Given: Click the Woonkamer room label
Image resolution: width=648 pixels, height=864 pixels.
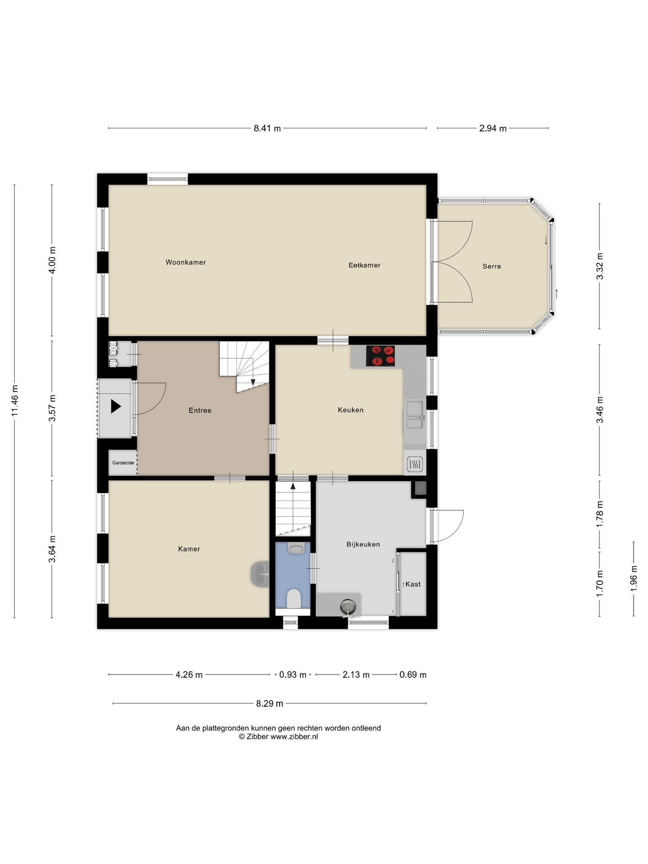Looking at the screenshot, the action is click(185, 262).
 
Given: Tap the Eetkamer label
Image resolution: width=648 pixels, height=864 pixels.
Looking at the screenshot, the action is click(364, 265).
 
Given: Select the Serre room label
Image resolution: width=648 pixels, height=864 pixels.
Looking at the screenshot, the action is click(492, 266).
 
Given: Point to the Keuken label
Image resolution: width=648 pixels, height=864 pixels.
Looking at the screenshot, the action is click(351, 410).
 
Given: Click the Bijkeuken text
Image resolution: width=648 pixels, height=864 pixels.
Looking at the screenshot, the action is click(363, 544).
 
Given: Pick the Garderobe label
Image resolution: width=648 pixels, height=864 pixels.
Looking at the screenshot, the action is click(123, 463).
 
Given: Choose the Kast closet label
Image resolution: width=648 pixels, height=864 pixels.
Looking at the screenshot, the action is click(413, 584).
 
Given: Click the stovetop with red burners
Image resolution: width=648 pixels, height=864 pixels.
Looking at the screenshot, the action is click(380, 355).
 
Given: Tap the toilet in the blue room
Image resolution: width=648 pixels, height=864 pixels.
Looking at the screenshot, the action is click(293, 599).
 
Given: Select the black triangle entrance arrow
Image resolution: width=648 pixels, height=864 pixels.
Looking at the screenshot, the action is click(116, 406).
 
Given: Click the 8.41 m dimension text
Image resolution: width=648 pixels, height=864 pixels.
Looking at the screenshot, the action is click(267, 128).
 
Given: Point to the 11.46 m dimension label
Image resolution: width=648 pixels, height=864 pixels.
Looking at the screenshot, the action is click(15, 400).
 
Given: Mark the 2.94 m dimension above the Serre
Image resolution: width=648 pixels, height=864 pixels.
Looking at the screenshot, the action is click(493, 128).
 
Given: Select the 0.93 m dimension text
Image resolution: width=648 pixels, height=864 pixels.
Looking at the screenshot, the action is click(293, 675).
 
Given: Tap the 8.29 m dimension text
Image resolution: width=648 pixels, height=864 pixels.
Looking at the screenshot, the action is click(270, 703).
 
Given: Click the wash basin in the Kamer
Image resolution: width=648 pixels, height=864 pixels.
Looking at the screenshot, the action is click(260, 574).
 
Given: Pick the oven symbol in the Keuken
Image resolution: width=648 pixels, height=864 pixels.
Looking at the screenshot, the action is click(415, 464).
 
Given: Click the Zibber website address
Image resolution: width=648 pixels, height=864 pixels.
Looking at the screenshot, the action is click(294, 737).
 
